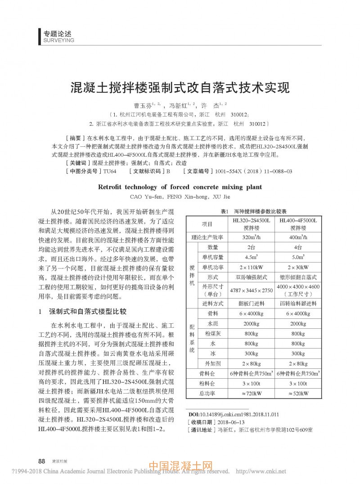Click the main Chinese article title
click(x=180, y=87)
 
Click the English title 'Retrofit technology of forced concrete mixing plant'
click(x=180, y=187)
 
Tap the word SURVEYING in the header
click(x=58, y=40)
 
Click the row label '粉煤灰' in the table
click(x=213, y=334)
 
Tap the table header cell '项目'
click(x=207, y=224)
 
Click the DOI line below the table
click(x=233, y=414)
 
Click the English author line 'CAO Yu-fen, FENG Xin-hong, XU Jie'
click(x=180, y=196)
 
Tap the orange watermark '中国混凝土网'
click(x=180, y=466)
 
